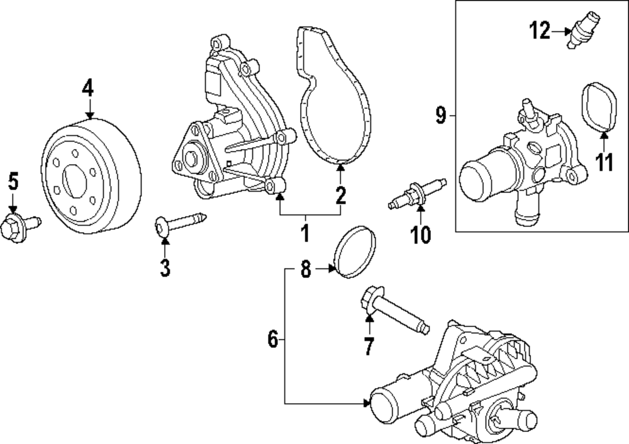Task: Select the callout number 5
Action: click(13, 182)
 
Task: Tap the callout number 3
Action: click(164, 268)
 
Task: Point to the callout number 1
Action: click(305, 233)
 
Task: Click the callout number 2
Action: click(340, 196)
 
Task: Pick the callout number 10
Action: click(420, 235)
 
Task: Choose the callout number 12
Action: click(539, 30)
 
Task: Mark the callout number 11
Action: click(604, 162)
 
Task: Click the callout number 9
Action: click(440, 115)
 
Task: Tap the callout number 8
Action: click(306, 270)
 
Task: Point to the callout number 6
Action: click(272, 340)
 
